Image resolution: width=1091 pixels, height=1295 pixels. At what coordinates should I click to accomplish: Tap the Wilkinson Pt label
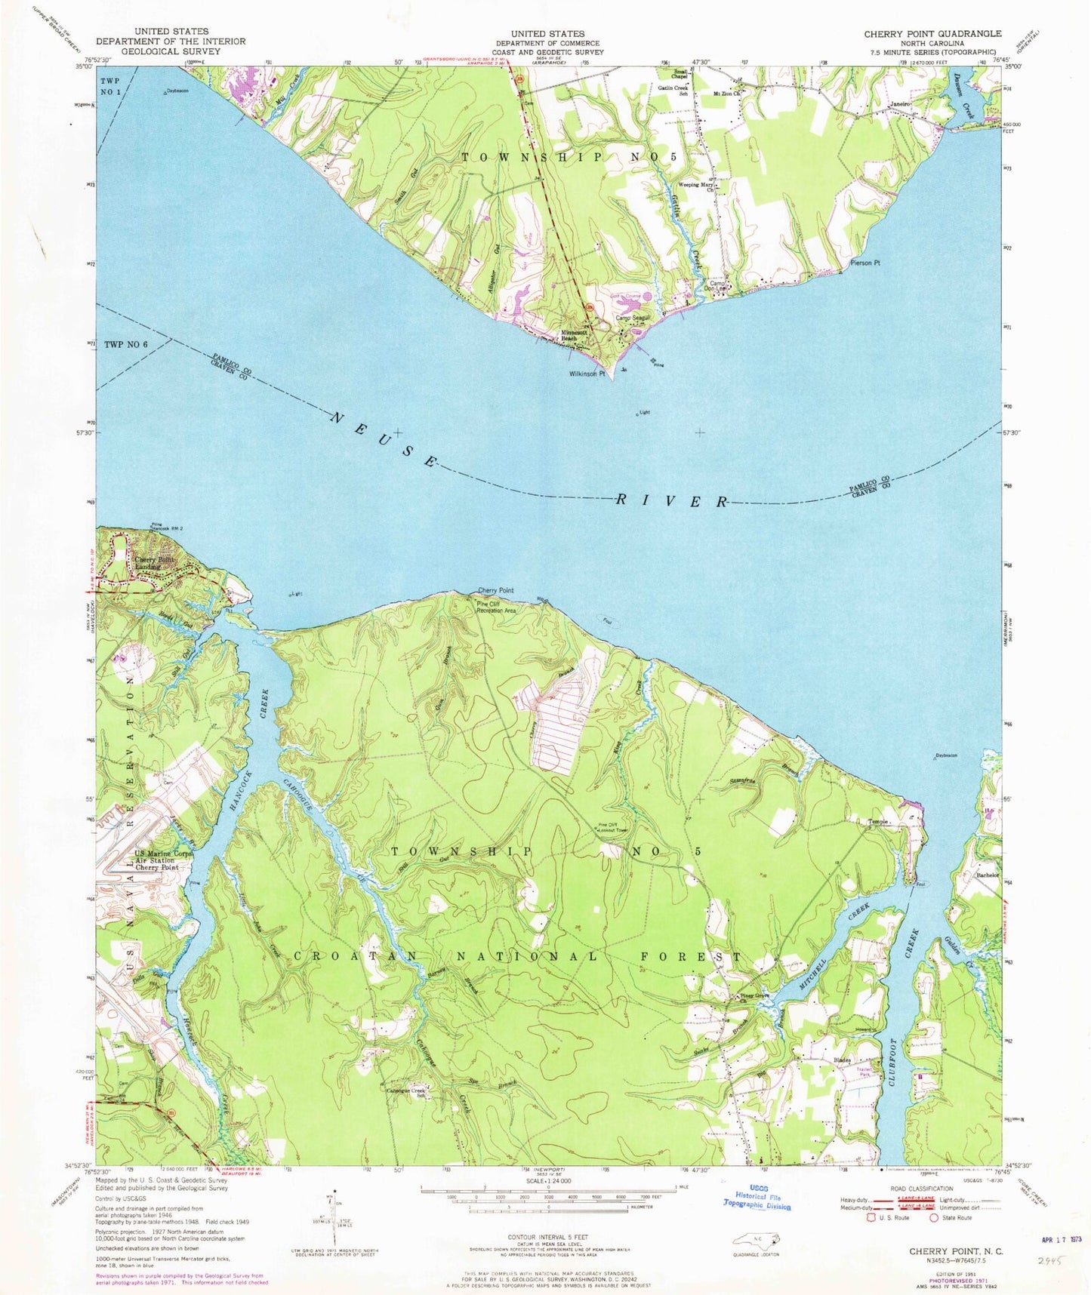[588, 373]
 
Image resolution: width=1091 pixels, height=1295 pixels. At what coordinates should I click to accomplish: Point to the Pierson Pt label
[865, 263]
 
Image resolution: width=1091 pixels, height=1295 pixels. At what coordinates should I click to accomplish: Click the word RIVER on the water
[672, 500]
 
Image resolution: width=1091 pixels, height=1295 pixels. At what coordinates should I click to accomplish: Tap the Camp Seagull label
[633, 318]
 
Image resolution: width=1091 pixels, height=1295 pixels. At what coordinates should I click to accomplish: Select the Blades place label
[843, 1060]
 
